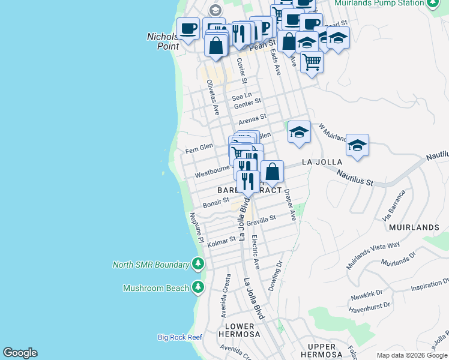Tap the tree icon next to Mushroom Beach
coord(198,288)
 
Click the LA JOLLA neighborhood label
coord(322,162)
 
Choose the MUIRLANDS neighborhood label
coord(414,228)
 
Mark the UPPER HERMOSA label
coord(321,351)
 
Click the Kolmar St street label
coord(221,241)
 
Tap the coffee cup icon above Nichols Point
coord(188,29)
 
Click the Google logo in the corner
coord(20,353)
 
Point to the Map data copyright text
coord(412,355)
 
